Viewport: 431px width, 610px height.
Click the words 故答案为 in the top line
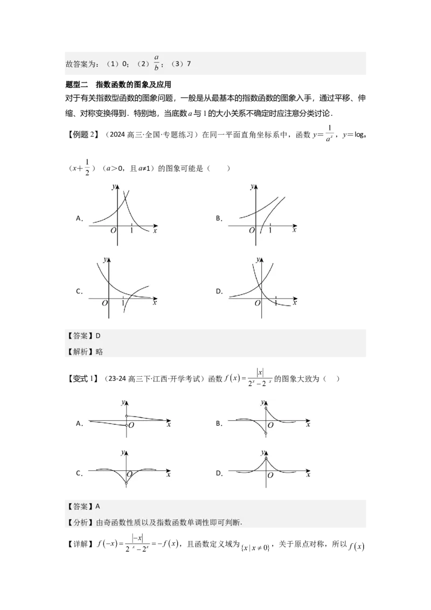pyautogui.click(x=81, y=64)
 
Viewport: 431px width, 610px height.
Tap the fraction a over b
pyautogui.click(x=156, y=63)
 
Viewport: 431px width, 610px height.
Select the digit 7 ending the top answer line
pyautogui.click(x=189, y=64)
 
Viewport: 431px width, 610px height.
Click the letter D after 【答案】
pyautogui.click(x=98, y=336)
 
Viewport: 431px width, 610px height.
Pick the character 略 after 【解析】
pyautogui.click(x=99, y=352)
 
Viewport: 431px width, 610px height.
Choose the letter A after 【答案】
pyautogui.click(x=98, y=507)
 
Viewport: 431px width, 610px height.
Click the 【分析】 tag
pyautogui.click(x=80, y=522)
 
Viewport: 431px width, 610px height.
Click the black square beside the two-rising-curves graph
pyautogui.click(x=219, y=218)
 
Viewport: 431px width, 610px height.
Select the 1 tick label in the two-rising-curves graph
pyautogui.click(x=270, y=230)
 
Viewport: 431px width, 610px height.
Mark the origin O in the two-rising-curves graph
pyautogui.click(x=251, y=231)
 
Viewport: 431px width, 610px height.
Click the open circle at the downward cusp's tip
pyautogui.click(x=127, y=484)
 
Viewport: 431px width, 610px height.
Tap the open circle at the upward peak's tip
pyautogui.click(x=266, y=459)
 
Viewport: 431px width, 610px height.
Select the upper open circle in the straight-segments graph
pyautogui.click(x=127, y=416)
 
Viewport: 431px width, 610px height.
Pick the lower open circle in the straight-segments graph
pyautogui.click(x=127, y=426)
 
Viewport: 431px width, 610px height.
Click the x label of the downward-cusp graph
pyautogui.click(x=169, y=475)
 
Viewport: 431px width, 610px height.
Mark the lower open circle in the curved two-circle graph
pyautogui.click(x=266, y=434)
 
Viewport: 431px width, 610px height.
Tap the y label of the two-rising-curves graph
pyautogui.click(x=252, y=187)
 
